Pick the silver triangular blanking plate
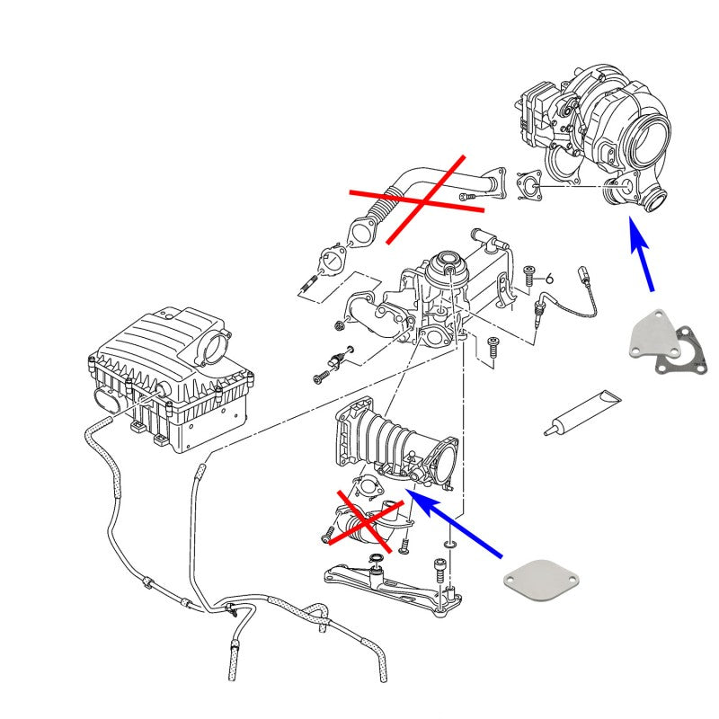651,338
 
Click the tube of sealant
581,413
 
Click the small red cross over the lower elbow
361,520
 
